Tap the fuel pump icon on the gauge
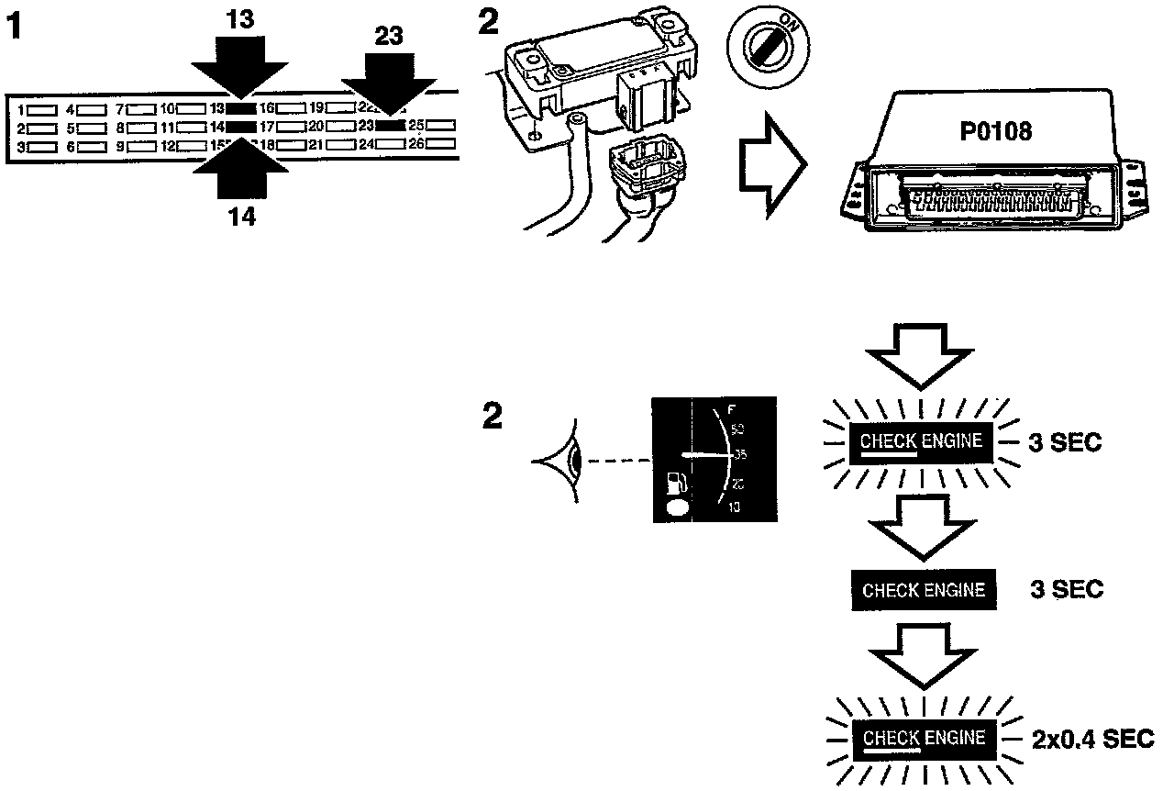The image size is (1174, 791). [675, 482]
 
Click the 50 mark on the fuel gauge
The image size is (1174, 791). [738, 429]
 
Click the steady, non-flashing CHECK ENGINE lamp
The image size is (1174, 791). [923, 589]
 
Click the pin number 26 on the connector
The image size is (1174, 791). [414, 144]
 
